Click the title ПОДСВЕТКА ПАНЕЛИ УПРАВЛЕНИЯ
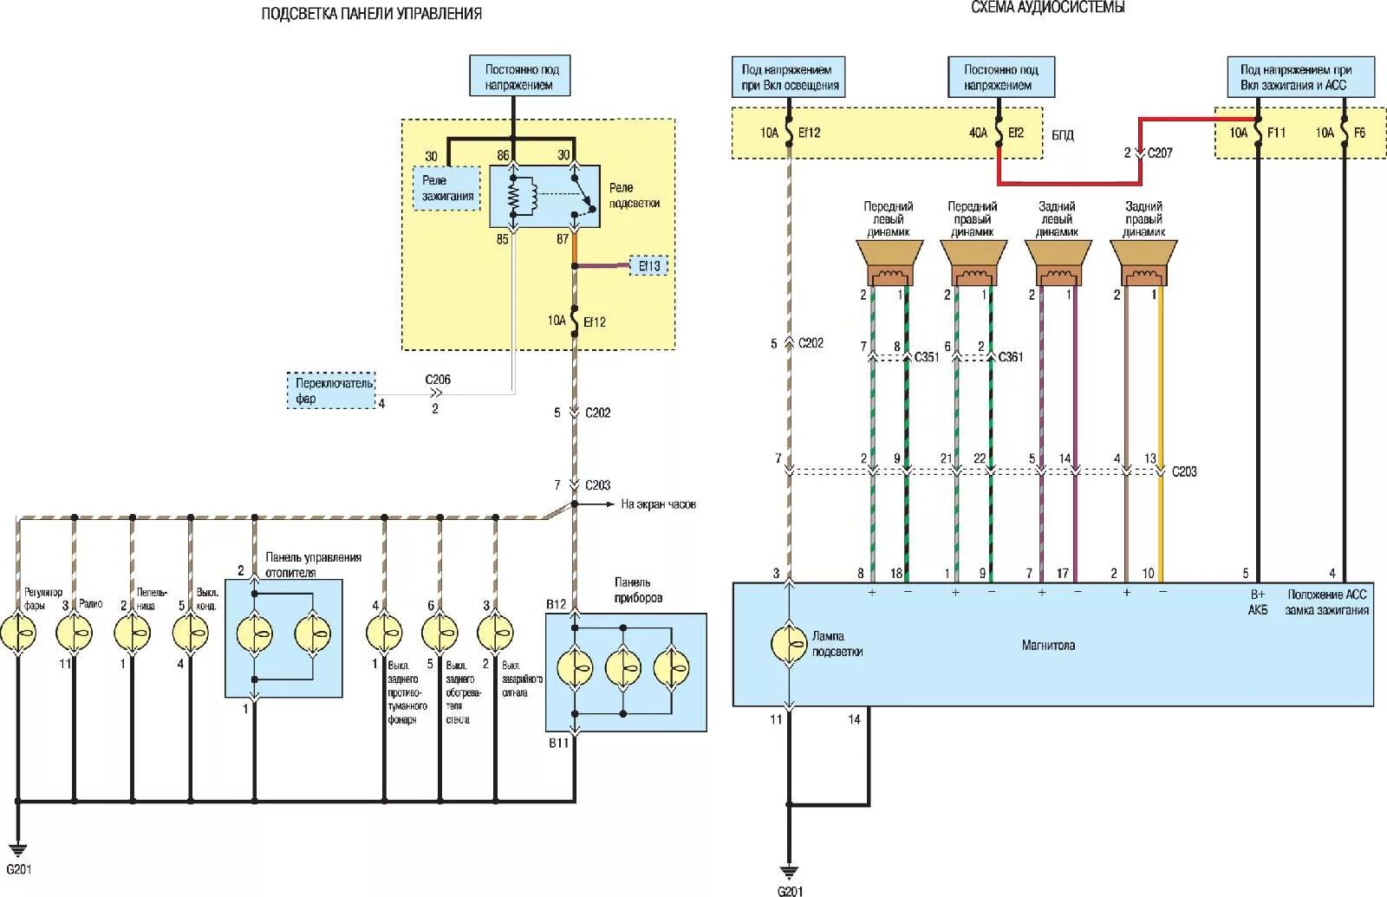371,14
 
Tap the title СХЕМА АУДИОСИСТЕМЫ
1047,8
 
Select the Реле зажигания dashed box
447,188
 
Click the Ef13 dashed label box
649,266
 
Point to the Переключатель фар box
331,391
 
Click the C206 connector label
438,380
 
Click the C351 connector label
927,357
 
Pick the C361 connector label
1011,357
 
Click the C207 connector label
1160,153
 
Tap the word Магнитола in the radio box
1047,646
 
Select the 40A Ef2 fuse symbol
999,133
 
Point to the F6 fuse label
1358,133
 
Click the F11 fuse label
1276,133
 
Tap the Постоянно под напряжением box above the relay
519,76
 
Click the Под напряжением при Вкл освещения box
790,76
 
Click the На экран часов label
658,504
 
